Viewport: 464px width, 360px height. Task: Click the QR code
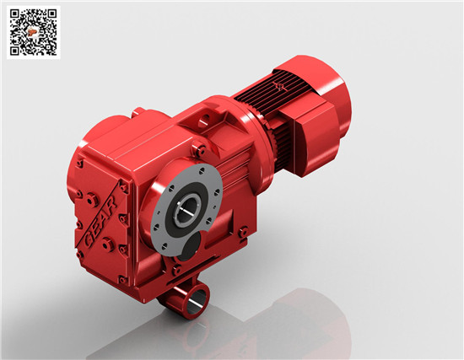coord(34,32)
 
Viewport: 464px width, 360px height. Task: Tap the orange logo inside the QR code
coord(32,31)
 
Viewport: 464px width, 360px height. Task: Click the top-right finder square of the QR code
coord(51,13)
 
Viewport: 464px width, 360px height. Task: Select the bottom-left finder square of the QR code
coord(14,51)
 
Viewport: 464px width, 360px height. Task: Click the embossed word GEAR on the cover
coord(100,221)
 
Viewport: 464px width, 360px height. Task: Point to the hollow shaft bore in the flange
coord(187,208)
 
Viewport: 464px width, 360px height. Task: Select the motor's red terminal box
coord(316,138)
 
